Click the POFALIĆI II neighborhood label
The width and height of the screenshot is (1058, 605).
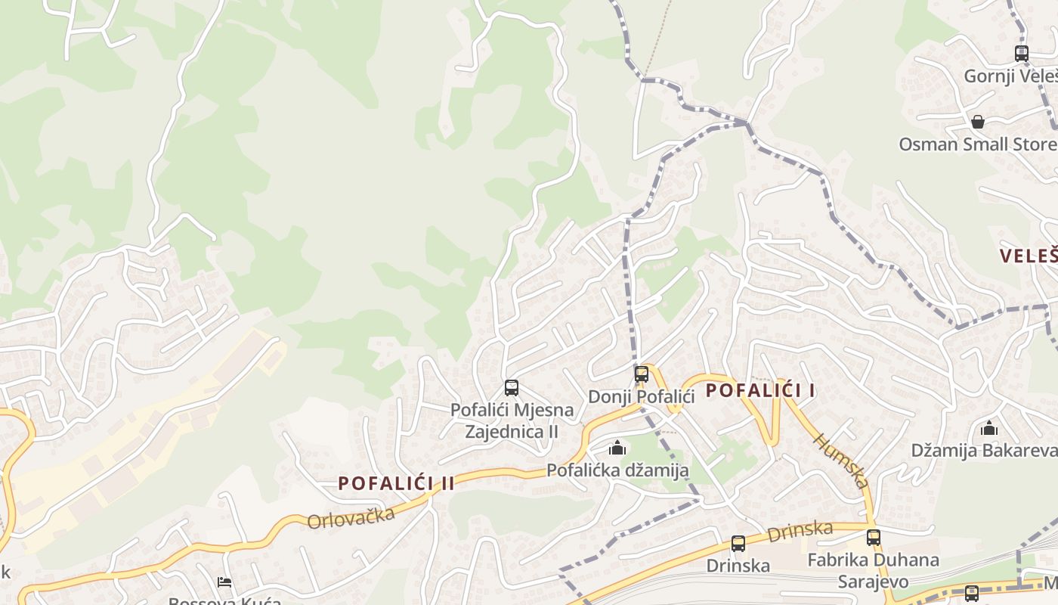pyautogui.click(x=396, y=483)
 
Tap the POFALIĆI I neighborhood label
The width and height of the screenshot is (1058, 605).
pyautogui.click(x=760, y=391)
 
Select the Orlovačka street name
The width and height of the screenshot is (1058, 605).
pyautogui.click(x=351, y=519)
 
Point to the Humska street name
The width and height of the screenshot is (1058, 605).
pyautogui.click(x=840, y=460)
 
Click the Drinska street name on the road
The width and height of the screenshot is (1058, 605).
pyautogui.click(x=800, y=531)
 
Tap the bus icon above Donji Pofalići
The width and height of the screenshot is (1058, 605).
pyautogui.click(x=641, y=374)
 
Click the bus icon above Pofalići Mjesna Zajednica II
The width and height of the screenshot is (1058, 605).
pyautogui.click(x=512, y=388)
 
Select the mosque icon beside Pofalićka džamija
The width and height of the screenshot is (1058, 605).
pyautogui.click(x=617, y=448)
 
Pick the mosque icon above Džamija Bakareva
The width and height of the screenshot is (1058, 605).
pyautogui.click(x=989, y=429)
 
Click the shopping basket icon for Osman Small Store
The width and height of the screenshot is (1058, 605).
pyautogui.click(x=978, y=122)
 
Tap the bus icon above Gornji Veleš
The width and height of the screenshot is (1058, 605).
pyautogui.click(x=1022, y=54)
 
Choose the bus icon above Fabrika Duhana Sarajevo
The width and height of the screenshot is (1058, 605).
pyautogui.click(x=874, y=538)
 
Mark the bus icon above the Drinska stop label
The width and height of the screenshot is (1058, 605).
pyautogui.click(x=738, y=543)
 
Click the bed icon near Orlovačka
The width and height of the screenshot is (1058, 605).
pyautogui.click(x=224, y=582)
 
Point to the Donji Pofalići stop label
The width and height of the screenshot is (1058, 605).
pyautogui.click(x=641, y=396)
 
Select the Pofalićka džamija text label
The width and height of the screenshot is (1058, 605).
pyautogui.click(x=617, y=470)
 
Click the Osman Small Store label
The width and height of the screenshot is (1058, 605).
pyautogui.click(x=978, y=144)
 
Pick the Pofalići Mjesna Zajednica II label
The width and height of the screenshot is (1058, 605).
pyautogui.click(x=512, y=420)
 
